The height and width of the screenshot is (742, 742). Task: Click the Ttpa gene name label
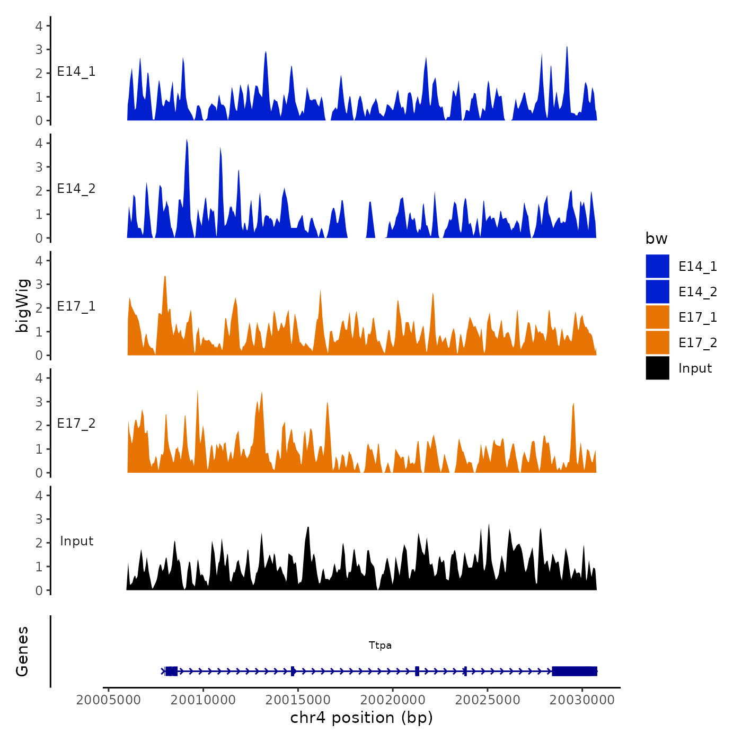[380, 646]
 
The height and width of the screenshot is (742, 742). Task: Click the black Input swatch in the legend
[657, 368]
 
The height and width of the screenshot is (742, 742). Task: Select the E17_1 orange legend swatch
[657, 317]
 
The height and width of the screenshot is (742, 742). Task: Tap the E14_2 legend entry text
[697, 292]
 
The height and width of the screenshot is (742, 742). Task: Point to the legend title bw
[656, 239]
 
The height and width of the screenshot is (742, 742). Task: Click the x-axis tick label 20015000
[297, 700]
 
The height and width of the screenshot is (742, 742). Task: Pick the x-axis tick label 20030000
[582, 700]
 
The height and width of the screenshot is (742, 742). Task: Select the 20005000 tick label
[109, 700]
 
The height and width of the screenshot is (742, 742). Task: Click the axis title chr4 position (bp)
[361, 718]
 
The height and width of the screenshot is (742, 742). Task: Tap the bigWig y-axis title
[22, 306]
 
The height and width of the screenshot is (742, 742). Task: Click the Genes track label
[22, 651]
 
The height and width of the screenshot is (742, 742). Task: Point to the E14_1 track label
[76, 72]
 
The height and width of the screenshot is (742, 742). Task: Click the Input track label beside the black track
[76, 541]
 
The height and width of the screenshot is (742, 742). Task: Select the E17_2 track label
[76, 423]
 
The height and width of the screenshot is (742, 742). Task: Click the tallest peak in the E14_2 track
[187, 141]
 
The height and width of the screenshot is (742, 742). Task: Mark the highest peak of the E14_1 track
[567, 48]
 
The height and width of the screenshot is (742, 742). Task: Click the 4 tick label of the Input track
[39, 496]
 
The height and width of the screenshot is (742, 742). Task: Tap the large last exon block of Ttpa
[575, 672]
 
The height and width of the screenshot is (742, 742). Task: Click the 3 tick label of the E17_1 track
[39, 284]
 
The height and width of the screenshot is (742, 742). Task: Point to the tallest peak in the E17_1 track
[165, 277]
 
